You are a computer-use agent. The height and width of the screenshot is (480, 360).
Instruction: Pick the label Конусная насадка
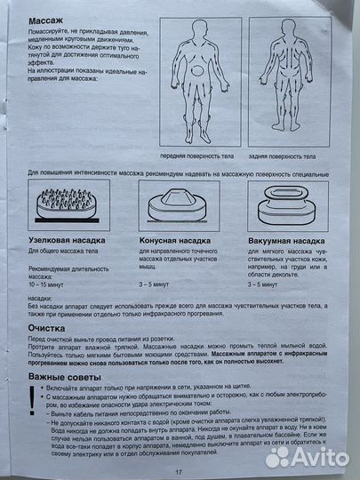click(176, 240)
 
